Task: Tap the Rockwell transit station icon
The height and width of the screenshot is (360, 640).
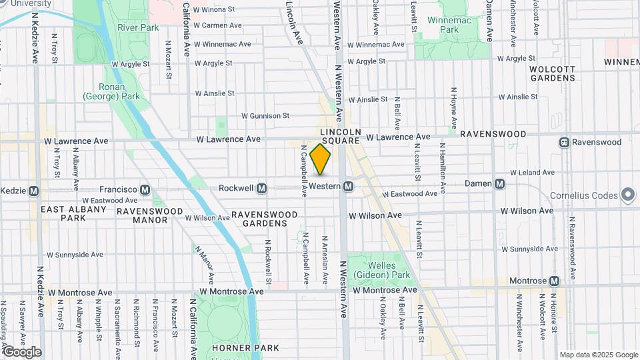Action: coord(262,189)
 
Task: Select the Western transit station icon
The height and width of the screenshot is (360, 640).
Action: coord(348,188)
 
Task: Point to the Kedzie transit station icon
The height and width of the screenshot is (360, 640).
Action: coord(33,191)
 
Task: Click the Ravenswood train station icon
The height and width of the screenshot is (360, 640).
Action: coord(564,142)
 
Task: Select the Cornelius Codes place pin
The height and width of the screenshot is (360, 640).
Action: coord(627,195)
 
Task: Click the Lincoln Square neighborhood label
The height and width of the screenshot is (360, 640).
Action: coord(340,137)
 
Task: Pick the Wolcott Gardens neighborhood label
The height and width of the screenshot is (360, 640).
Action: coord(552,73)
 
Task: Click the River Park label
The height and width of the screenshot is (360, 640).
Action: coord(138,27)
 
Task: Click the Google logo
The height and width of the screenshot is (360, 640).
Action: coord(22,352)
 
